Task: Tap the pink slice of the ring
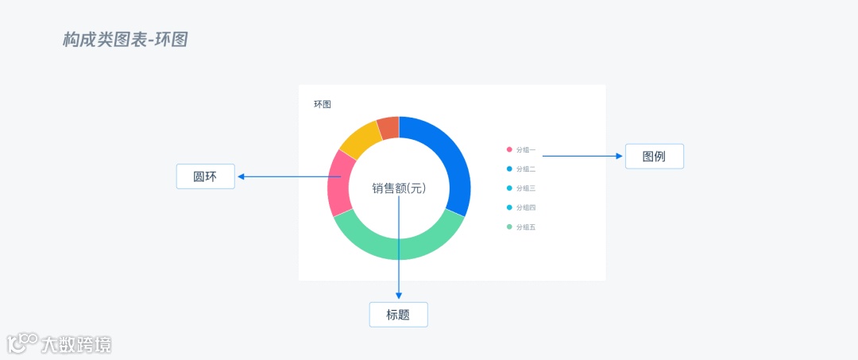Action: point(340,183)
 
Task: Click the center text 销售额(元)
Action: point(399,188)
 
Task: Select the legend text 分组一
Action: point(526,149)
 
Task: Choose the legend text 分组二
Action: point(526,169)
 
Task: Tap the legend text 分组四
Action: point(526,207)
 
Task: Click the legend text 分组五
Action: point(526,227)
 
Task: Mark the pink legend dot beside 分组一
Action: point(509,149)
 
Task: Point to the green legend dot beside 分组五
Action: point(509,227)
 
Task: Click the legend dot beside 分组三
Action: point(509,188)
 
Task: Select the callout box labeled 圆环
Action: point(205,176)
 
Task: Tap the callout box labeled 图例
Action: point(654,157)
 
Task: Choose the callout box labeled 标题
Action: point(398,315)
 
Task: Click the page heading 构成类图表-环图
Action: point(125,40)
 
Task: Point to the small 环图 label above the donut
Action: point(322,104)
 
